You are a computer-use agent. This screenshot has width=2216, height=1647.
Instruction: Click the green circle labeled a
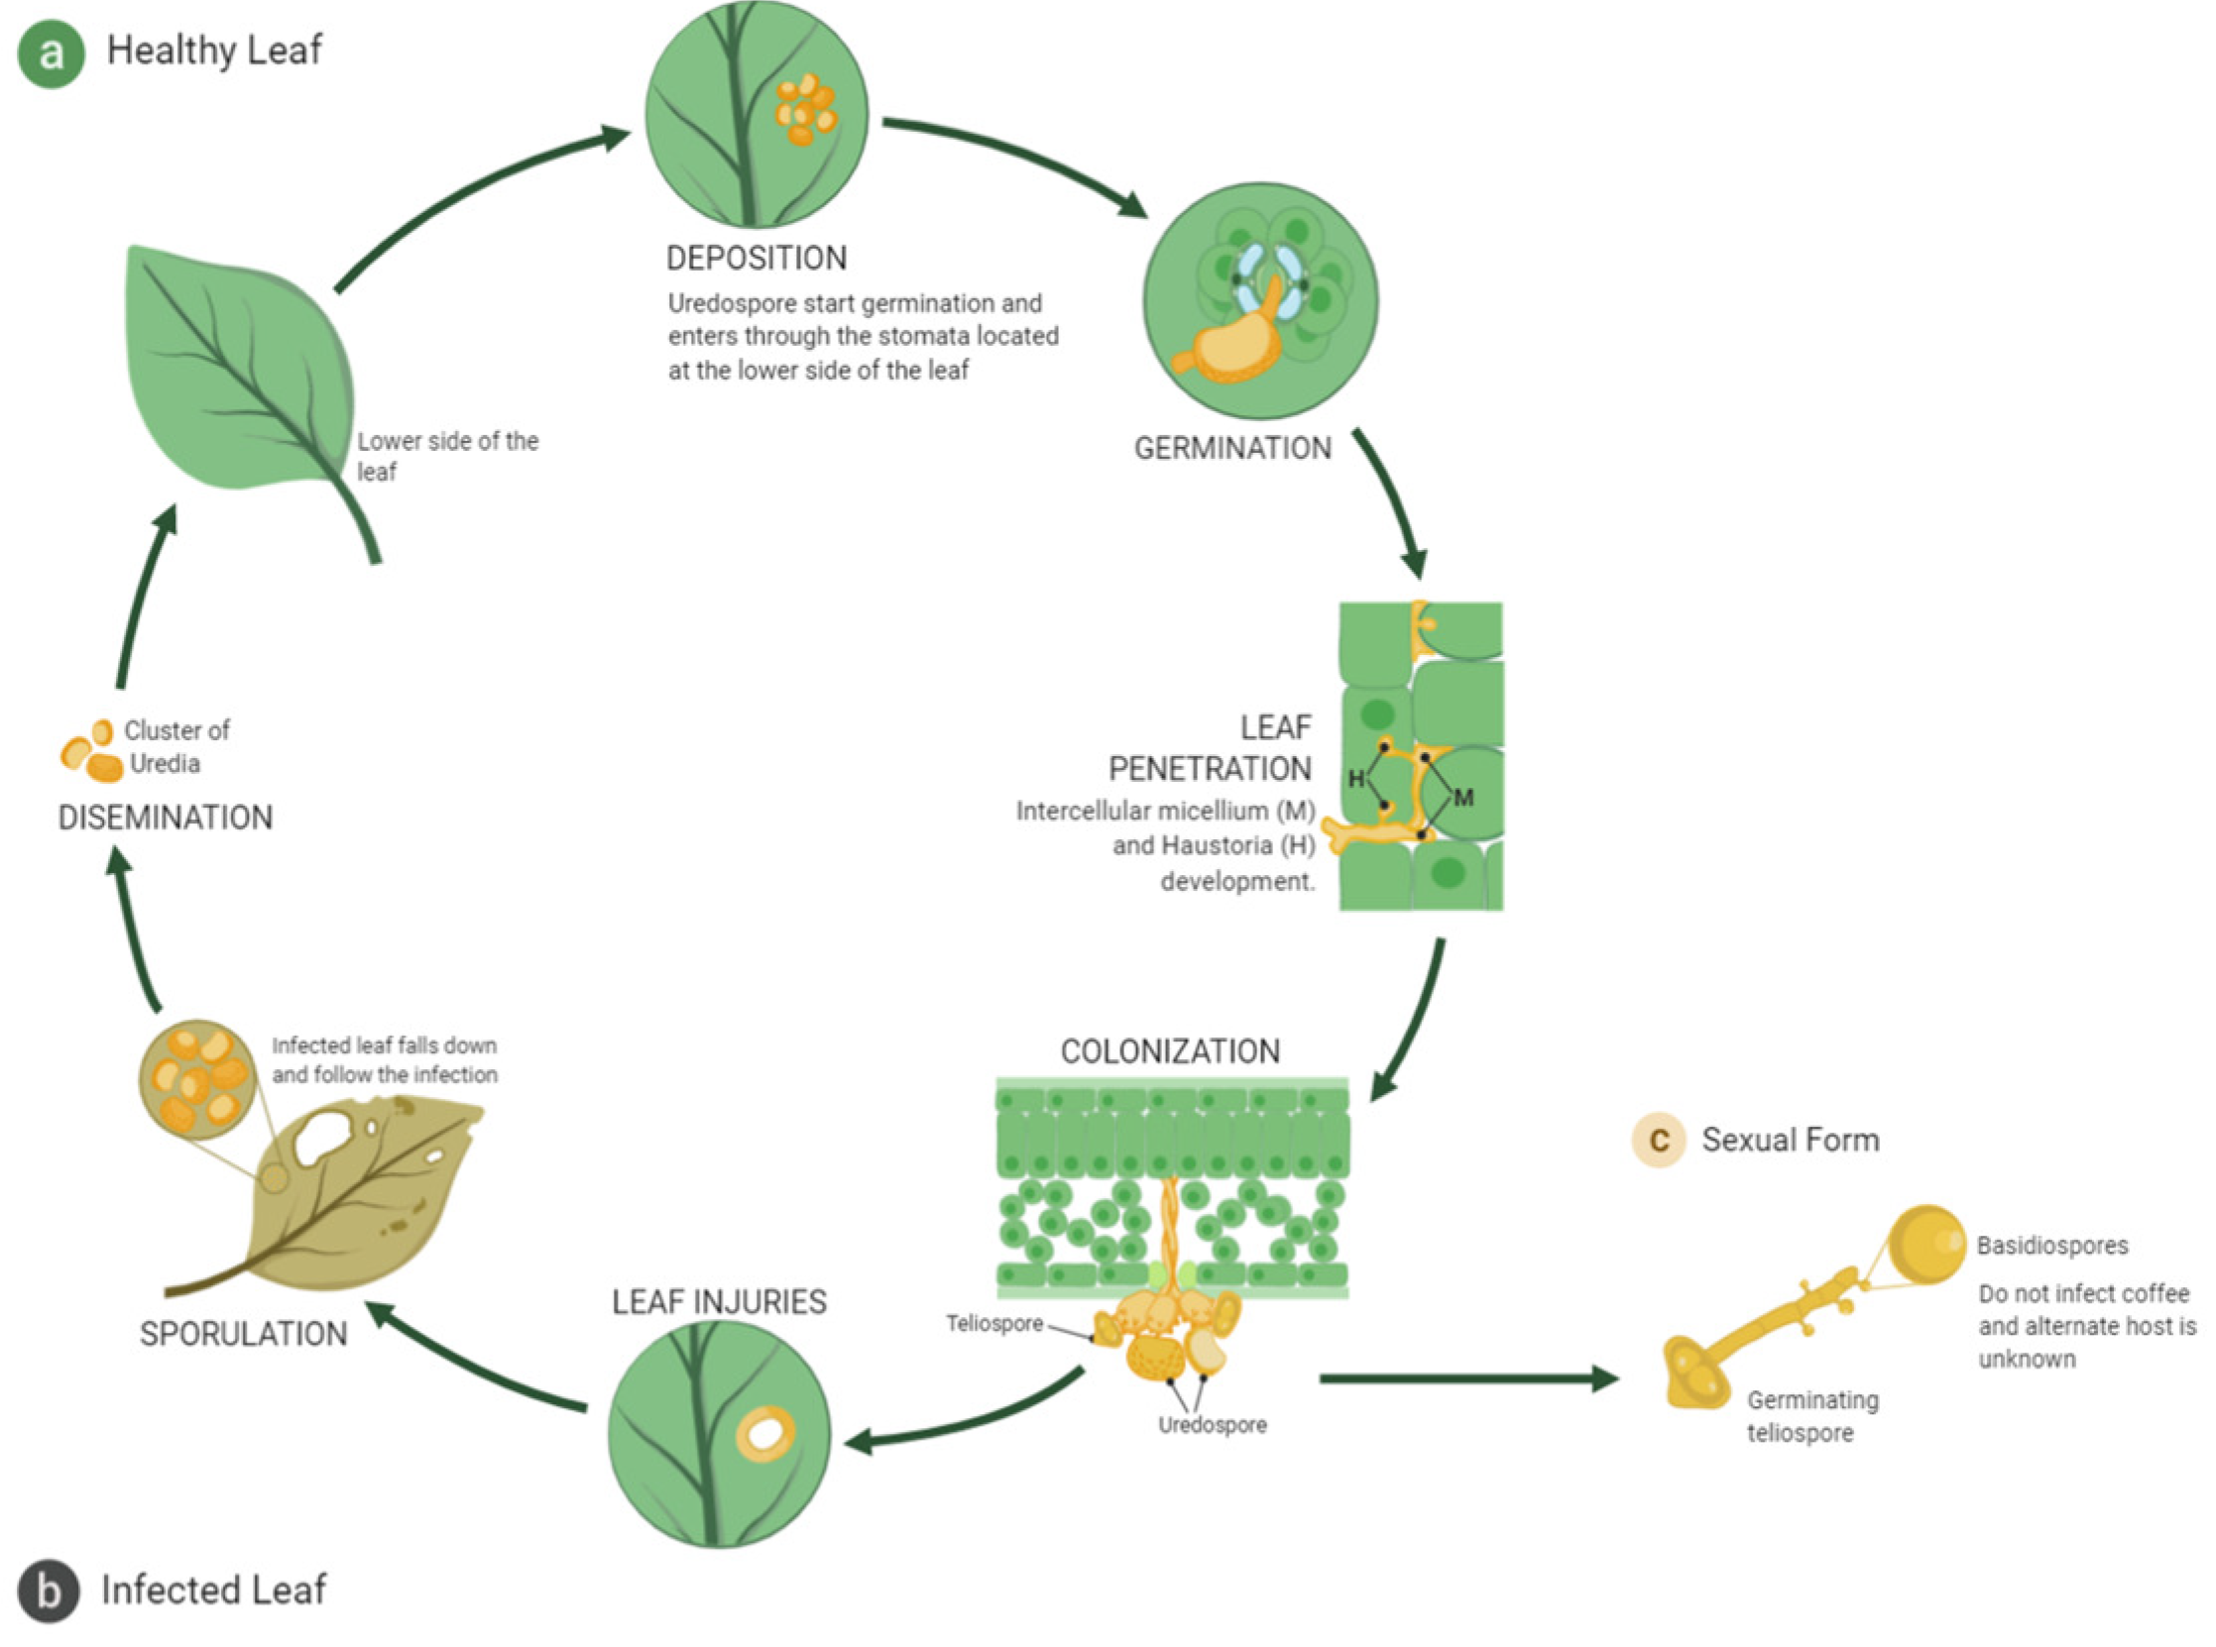pos(51,54)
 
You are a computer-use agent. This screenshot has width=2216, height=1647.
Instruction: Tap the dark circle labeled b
pos(48,1591)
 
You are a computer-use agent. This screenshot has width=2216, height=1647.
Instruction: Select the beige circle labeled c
pos(1659,1140)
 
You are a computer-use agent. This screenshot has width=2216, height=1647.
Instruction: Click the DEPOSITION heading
pos(756,259)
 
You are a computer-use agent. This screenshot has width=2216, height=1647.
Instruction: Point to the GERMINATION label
pos(1231,449)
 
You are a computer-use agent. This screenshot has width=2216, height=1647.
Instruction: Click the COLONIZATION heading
pos(1170,1050)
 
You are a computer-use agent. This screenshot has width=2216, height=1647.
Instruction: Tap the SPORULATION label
pos(243,1334)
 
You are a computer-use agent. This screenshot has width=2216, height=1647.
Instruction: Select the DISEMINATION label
pos(166,818)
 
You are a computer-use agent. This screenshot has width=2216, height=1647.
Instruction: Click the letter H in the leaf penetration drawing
pos(1356,779)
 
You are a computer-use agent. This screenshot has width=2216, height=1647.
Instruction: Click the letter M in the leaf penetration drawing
pos(1463,798)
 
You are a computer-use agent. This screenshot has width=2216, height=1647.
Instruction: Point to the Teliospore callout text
pos(994,1324)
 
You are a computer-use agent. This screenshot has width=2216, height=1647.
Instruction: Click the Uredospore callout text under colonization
pos(1212,1426)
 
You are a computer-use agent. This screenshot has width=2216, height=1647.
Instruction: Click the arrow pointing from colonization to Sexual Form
pos(1466,1378)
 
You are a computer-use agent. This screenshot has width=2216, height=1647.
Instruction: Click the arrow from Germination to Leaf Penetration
pos(1391,503)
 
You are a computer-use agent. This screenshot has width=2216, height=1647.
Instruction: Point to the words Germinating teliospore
pos(1811,1417)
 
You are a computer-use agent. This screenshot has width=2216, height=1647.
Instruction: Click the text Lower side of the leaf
pos(447,456)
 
